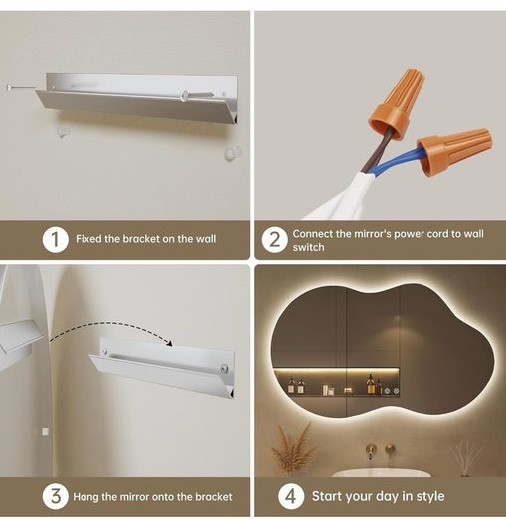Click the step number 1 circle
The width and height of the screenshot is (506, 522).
(55, 239)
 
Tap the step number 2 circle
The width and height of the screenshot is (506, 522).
(274, 240)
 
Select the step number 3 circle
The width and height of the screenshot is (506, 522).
(56, 496)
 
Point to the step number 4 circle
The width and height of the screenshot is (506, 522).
(291, 496)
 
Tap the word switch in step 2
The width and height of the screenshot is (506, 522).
(308, 247)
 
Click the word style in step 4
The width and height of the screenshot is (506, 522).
(430, 496)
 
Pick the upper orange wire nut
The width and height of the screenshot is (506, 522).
(396, 103)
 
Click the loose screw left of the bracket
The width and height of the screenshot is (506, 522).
(20, 87)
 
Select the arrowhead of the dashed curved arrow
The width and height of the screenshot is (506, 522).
(170, 343)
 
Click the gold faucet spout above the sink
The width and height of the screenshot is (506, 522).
(371, 451)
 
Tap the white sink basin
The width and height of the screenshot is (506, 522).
(381, 472)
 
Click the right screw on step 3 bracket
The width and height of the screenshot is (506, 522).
(224, 369)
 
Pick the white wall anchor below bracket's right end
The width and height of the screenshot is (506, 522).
(232, 153)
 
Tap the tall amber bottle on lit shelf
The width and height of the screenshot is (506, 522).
(370, 385)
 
